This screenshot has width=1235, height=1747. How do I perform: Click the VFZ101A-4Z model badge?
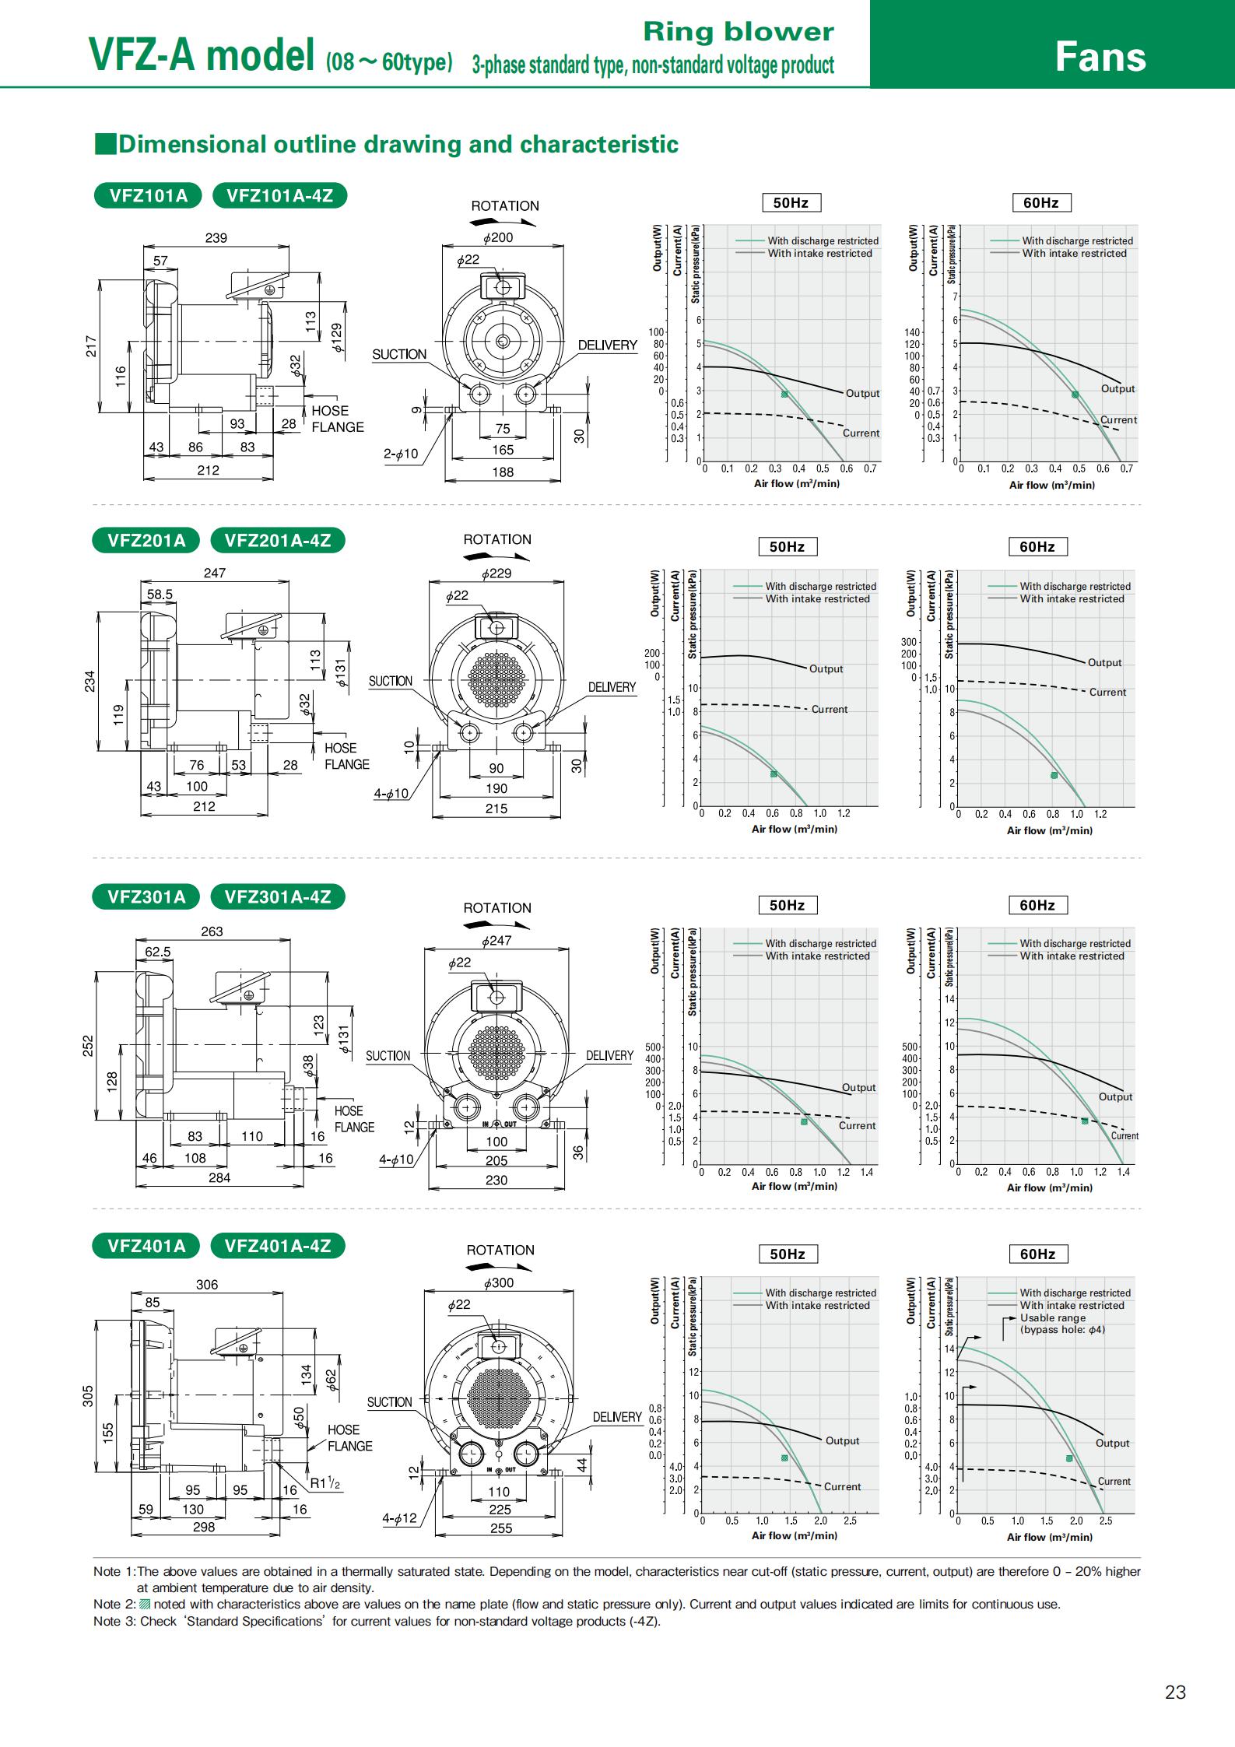(x=279, y=195)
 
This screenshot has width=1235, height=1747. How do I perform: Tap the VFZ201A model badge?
(x=147, y=540)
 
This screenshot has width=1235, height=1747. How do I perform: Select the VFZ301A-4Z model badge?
(x=278, y=896)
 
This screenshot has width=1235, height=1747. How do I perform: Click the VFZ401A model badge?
(x=147, y=1246)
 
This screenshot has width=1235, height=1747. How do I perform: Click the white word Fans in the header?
(x=1100, y=57)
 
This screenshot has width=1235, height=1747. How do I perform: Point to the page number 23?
(x=1175, y=1692)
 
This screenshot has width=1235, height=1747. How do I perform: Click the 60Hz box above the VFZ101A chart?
(x=1041, y=203)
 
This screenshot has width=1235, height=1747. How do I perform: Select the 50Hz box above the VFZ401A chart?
(x=787, y=1254)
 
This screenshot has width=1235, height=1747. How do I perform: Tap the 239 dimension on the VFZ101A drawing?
(x=216, y=238)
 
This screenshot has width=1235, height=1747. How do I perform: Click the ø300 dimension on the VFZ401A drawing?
(x=499, y=1282)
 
